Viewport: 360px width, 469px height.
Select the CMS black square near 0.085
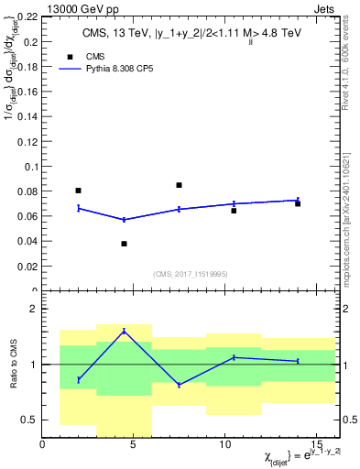pos(179,185)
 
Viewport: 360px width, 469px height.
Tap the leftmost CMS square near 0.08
pos(78,191)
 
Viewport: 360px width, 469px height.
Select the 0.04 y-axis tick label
pos(27,242)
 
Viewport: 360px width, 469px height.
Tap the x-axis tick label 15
pos(315,446)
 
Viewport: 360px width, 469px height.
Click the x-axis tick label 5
pos(133,446)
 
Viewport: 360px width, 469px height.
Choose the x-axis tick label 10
pos(224,446)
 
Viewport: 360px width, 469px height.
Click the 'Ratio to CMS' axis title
pos(13,365)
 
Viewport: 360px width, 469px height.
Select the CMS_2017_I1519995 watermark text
pos(191,274)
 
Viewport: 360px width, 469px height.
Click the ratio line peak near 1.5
pos(124,331)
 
